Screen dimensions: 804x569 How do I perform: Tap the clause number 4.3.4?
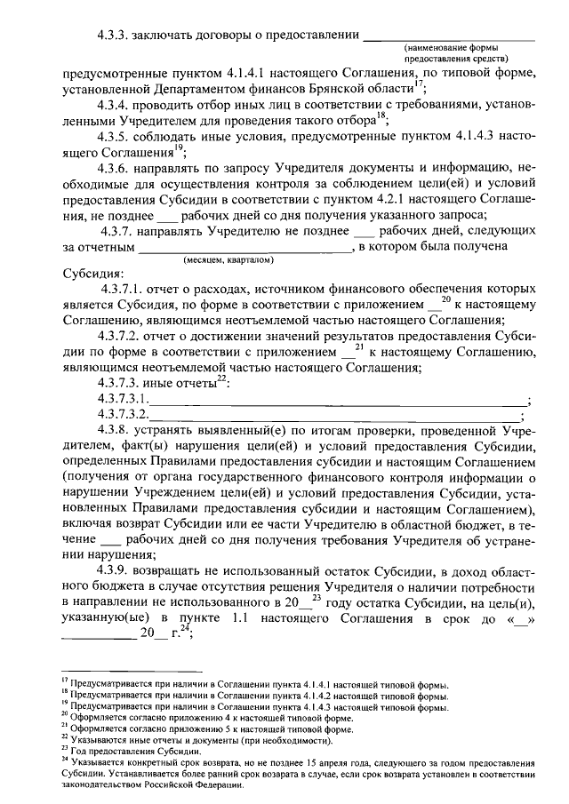point(115,106)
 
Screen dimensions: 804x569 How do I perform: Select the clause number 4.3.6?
point(115,167)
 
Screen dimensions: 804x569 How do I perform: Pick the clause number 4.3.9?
point(115,569)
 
